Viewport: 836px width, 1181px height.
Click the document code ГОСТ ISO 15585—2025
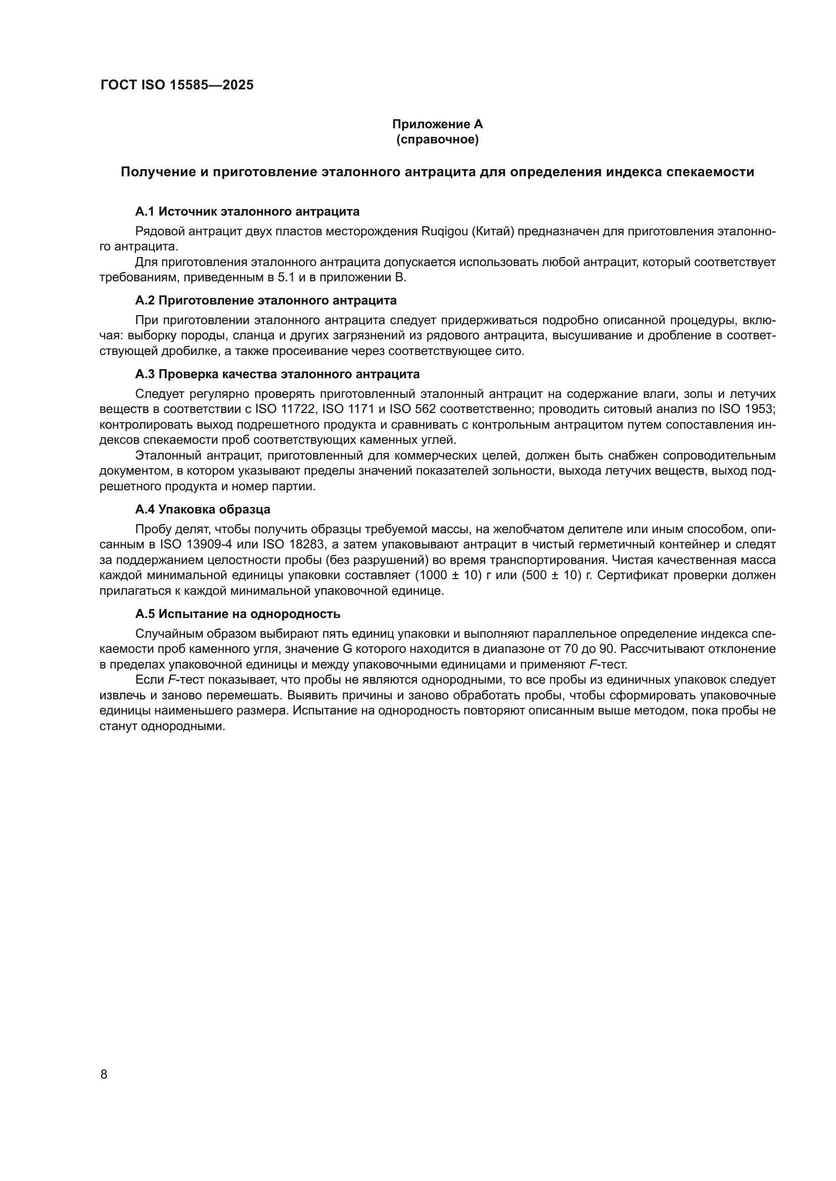coord(176,85)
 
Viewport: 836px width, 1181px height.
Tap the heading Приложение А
coord(437,124)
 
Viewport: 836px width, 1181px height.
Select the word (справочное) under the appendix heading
coord(437,139)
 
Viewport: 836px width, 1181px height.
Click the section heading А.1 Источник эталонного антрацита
coord(247,212)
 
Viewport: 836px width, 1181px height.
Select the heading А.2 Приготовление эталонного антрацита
coord(266,300)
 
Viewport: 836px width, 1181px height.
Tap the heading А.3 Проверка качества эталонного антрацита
coord(277,374)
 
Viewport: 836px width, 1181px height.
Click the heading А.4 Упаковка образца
coord(202,509)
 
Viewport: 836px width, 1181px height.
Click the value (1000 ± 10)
coord(447,575)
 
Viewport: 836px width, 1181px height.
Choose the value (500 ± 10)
coord(551,575)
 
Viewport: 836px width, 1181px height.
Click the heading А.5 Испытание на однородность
coord(238,613)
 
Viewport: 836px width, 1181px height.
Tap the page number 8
coord(104,1074)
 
